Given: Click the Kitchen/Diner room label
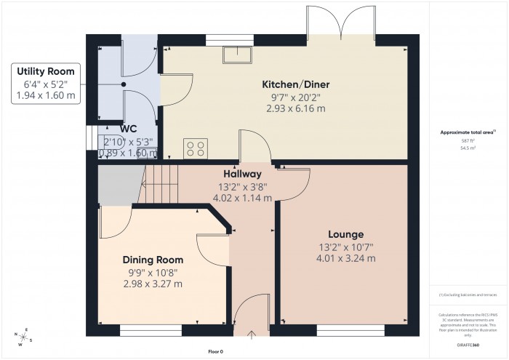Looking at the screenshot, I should (x=294, y=85).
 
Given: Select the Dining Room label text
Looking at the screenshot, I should (x=153, y=260).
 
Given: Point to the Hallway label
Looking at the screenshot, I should (x=242, y=174).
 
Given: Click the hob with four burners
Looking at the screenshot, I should (x=196, y=148).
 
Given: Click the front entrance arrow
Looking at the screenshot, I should (x=252, y=335).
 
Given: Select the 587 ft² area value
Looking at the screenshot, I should (x=468, y=140).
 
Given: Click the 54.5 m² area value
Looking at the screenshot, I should (x=468, y=148).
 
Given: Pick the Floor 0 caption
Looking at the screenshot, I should (x=215, y=351).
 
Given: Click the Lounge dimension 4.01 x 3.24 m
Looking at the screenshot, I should (x=346, y=257).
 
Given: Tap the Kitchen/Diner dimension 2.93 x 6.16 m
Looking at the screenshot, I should (x=294, y=108).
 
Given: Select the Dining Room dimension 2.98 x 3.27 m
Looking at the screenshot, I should (x=153, y=284).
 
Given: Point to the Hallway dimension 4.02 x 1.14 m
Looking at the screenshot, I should (x=241, y=197).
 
